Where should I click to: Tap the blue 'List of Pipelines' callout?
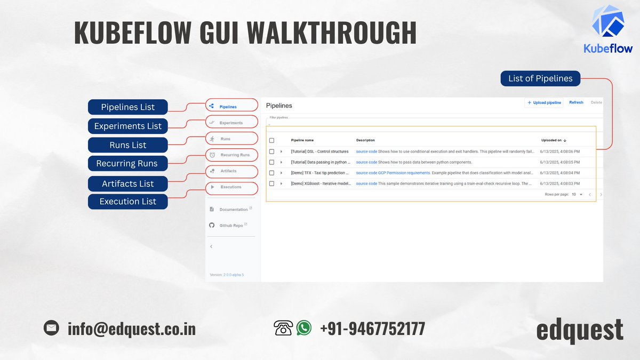(540, 78)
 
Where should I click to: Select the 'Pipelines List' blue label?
(128, 107)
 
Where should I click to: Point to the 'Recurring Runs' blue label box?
(127, 163)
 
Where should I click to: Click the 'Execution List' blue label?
(128, 201)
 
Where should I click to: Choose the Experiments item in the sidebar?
(231, 123)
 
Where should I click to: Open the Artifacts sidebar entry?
(228, 171)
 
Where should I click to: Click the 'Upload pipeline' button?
(544, 102)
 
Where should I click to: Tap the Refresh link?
(576, 102)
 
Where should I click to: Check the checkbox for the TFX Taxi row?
(271, 173)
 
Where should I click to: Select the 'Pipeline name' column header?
(302, 140)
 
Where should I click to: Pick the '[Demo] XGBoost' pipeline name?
(320, 183)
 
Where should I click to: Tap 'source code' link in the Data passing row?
(366, 162)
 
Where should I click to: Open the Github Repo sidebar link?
(231, 226)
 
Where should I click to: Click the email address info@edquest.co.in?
(132, 328)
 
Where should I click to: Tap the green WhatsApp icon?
(304, 327)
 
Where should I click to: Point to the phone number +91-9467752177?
(372, 328)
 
